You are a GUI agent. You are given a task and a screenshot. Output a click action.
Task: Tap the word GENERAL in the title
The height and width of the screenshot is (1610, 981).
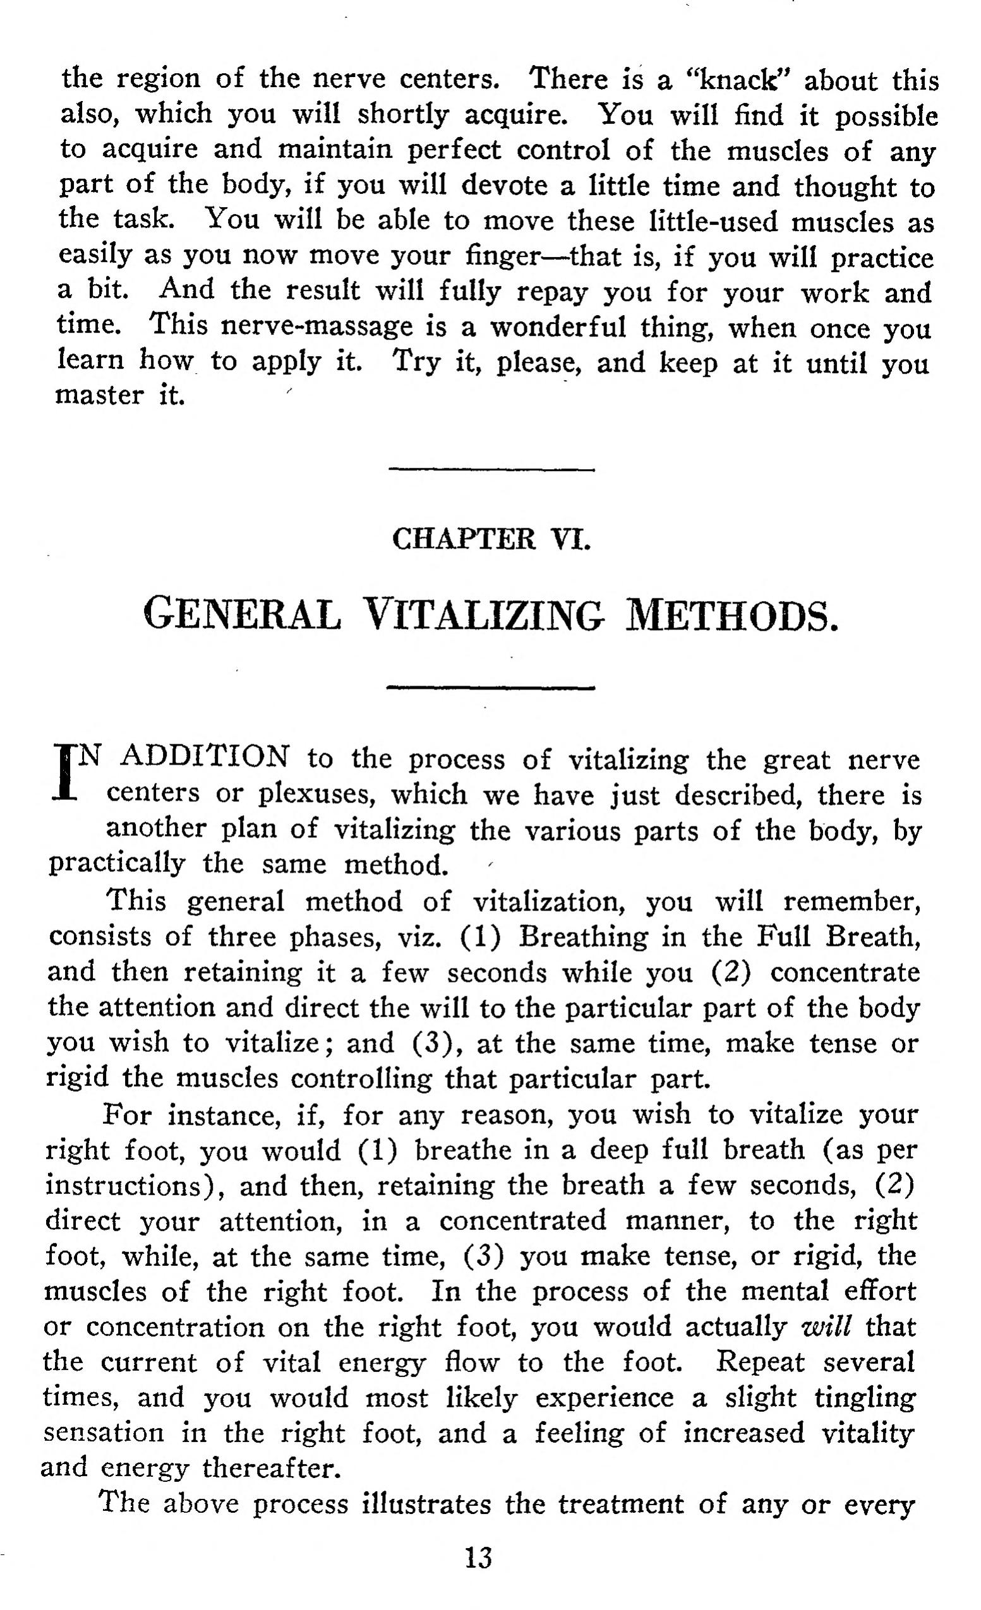[243, 615]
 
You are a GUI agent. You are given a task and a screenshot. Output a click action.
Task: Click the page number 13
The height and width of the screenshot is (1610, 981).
[478, 1558]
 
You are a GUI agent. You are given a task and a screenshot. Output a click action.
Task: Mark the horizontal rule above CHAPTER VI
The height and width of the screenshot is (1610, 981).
[491, 469]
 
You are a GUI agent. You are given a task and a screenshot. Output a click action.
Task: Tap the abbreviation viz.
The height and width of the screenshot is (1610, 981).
[419, 937]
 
